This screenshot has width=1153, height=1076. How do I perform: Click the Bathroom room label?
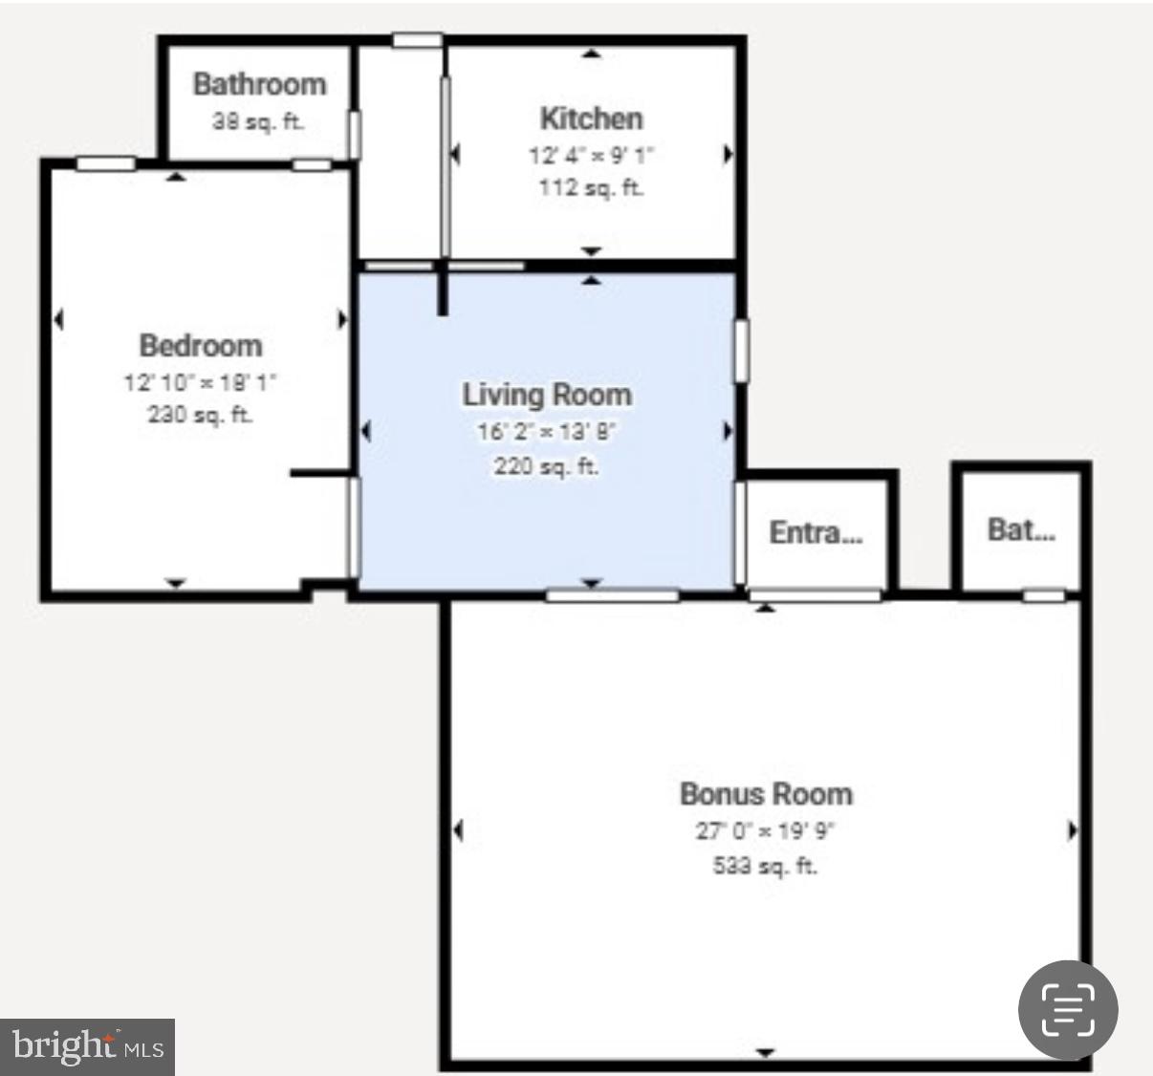pyautogui.click(x=259, y=84)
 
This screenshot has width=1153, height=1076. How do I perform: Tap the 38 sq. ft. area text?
pyautogui.click(x=257, y=122)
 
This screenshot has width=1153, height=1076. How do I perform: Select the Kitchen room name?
pyautogui.click(x=591, y=118)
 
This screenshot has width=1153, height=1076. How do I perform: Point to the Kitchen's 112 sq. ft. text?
pyautogui.click(x=591, y=187)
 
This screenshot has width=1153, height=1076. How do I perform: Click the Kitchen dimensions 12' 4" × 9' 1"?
pyautogui.click(x=591, y=155)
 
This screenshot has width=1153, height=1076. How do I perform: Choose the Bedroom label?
pyautogui.click(x=200, y=345)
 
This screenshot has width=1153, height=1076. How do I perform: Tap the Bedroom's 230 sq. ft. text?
pyautogui.click(x=200, y=415)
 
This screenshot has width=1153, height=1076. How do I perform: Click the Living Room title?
pyautogui.click(x=547, y=395)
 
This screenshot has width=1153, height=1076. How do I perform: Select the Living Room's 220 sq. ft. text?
pyautogui.click(x=546, y=466)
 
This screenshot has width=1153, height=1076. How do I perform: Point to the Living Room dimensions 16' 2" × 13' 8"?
pyautogui.click(x=546, y=432)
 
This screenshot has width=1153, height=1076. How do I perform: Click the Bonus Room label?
pyautogui.click(x=766, y=794)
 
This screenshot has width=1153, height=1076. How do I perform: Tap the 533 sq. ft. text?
pyautogui.click(x=765, y=866)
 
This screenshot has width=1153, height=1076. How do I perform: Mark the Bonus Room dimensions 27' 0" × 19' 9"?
pyautogui.click(x=765, y=830)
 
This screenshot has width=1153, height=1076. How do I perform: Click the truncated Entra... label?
pyautogui.click(x=816, y=532)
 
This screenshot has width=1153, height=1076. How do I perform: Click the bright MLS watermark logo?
pyautogui.click(x=87, y=1046)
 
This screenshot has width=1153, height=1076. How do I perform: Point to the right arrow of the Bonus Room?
pyautogui.click(x=1072, y=830)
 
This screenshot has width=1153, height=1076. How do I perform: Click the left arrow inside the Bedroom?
pyautogui.click(x=59, y=319)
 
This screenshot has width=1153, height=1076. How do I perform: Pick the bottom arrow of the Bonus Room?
pyautogui.click(x=765, y=1052)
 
